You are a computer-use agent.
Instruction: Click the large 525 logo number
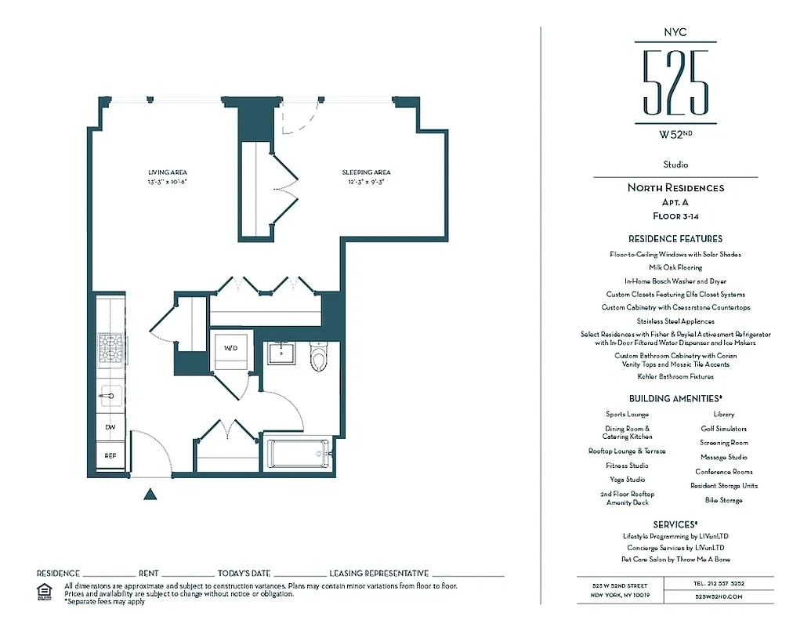click(x=675, y=82)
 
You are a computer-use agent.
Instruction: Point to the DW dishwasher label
click(x=110, y=427)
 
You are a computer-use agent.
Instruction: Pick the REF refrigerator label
click(x=110, y=455)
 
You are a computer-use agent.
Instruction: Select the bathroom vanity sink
click(x=279, y=354)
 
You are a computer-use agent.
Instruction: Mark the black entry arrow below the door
click(x=150, y=494)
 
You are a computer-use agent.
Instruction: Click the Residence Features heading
click(x=675, y=238)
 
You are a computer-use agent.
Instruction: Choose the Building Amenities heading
click(x=675, y=398)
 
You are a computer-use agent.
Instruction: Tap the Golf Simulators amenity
click(x=723, y=429)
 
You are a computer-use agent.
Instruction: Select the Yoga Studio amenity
click(x=627, y=480)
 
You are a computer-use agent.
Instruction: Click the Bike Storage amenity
click(x=723, y=500)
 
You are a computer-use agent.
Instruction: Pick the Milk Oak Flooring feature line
click(x=675, y=267)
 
